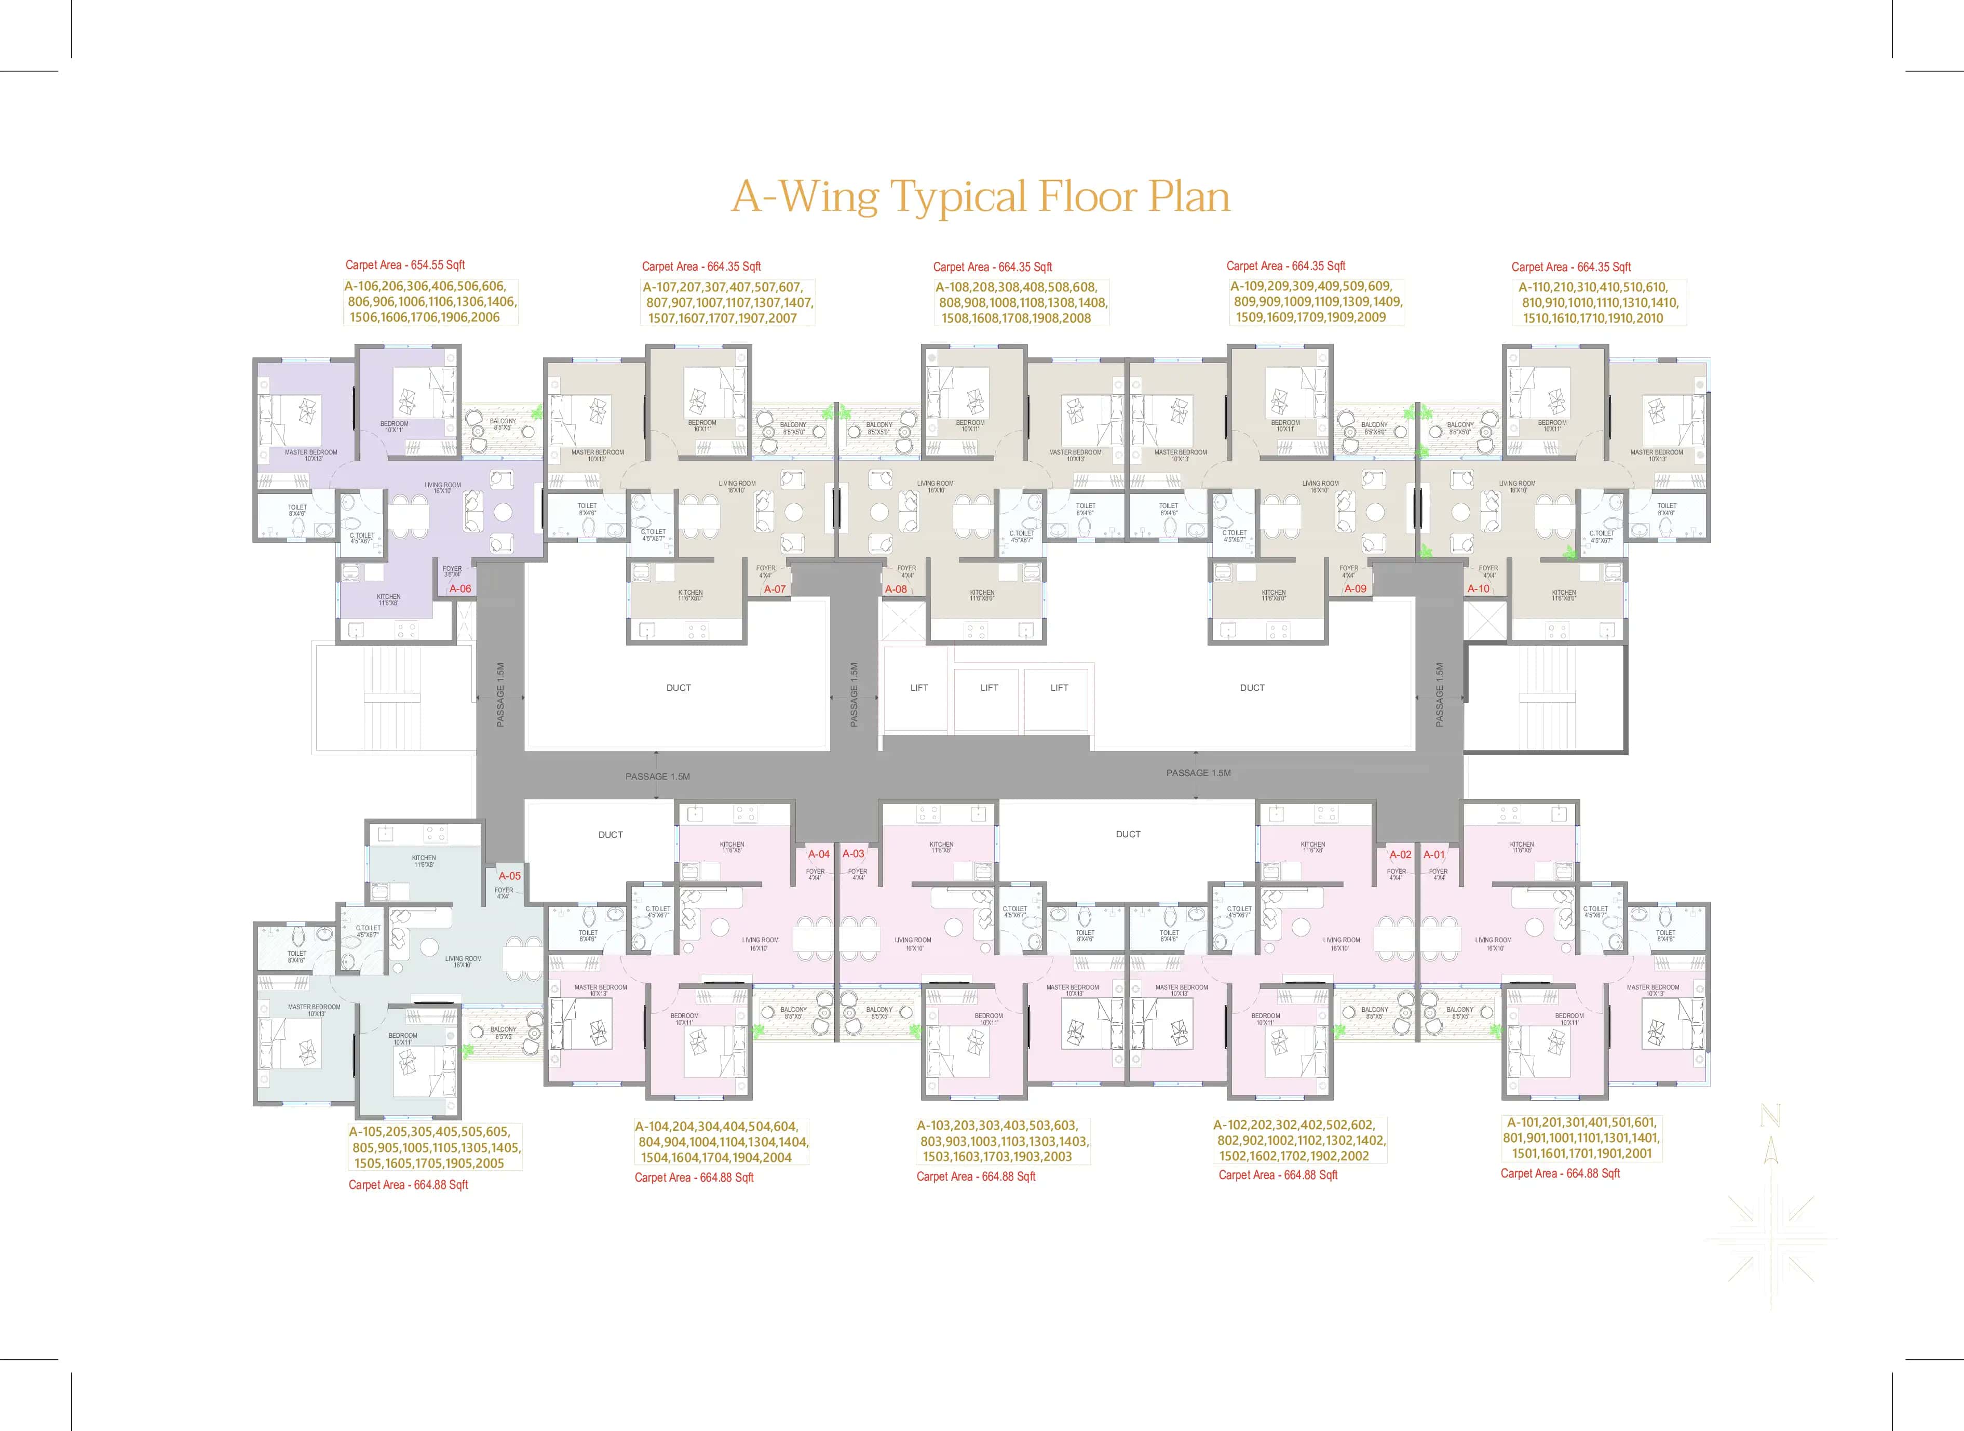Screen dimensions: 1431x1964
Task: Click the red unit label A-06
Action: pyautogui.click(x=460, y=589)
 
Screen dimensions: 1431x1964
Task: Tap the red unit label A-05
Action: pyautogui.click(x=509, y=876)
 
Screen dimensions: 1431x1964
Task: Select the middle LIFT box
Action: pyautogui.click(x=989, y=688)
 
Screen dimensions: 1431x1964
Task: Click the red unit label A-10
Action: pyautogui.click(x=1478, y=589)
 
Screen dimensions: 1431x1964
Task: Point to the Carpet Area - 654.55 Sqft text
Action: pyautogui.click(x=405, y=265)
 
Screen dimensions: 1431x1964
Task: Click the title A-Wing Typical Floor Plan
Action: pyautogui.click(x=981, y=197)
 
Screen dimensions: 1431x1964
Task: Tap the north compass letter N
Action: pyautogui.click(x=1770, y=1117)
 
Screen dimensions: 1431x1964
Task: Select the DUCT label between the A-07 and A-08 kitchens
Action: pyautogui.click(x=679, y=688)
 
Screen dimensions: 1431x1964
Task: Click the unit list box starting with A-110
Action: pyautogui.click(x=1599, y=302)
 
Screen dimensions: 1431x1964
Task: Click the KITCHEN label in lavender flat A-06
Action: pyautogui.click(x=389, y=598)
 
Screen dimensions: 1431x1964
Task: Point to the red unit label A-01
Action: pyautogui.click(x=1434, y=854)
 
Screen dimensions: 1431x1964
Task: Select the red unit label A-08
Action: pyautogui.click(x=896, y=589)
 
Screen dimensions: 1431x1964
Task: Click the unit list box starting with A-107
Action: pyautogui.click(x=727, y=302)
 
